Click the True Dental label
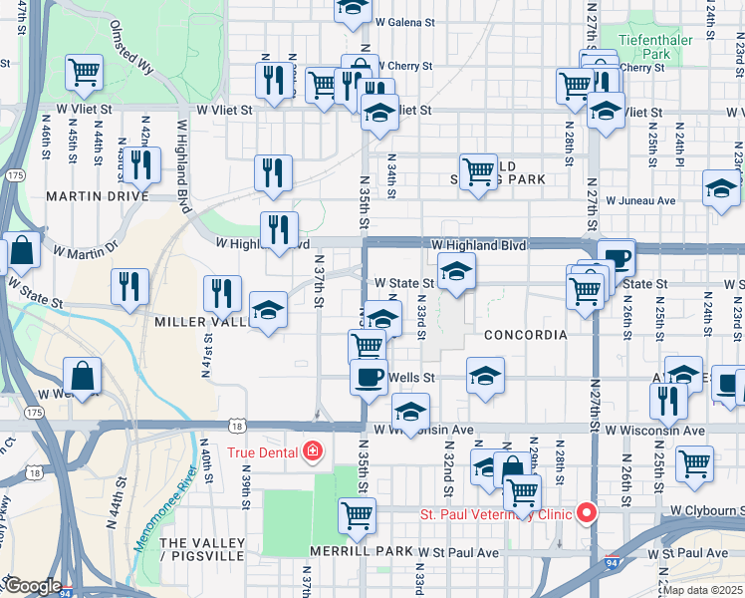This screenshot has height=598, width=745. (x=263, y=452)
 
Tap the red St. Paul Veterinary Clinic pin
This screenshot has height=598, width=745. (x=587, y=513)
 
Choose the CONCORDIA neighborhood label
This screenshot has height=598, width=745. (x=525, y=335)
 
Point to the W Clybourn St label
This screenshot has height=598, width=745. (x=705, y=509)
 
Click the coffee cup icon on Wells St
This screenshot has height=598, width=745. (x=369, y=377)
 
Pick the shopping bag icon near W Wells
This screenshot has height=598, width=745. (x=83, y=377)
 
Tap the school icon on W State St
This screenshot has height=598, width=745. (x=456, y=272)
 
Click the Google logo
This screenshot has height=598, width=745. (x=33, y=586)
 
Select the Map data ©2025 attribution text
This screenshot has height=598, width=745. (x=703, y=590)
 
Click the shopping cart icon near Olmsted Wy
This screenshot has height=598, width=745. (x=84, y=72)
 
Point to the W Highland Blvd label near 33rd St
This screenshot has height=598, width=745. (x=477, y=245)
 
